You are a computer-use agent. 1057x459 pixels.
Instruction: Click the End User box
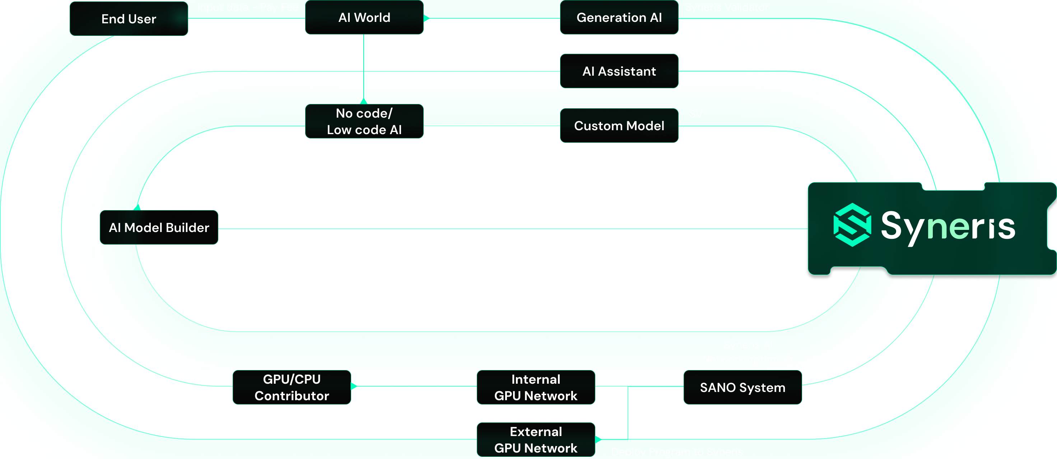[x=129, y=19]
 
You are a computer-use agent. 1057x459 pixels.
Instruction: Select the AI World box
[x=364, y=18]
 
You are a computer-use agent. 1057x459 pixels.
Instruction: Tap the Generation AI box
[x=619, y=18]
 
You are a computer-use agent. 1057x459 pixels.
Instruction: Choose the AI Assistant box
[x=619, y=71]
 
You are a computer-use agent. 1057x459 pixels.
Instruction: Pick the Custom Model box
[x=619, y=126]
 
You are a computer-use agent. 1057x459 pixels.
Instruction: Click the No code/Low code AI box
[x=364, y=121]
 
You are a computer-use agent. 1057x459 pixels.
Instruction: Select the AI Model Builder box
[x=159, y=227]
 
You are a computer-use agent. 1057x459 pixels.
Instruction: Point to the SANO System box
[x=742, y=387]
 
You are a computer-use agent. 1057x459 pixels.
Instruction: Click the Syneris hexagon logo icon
[x=852, y=225]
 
